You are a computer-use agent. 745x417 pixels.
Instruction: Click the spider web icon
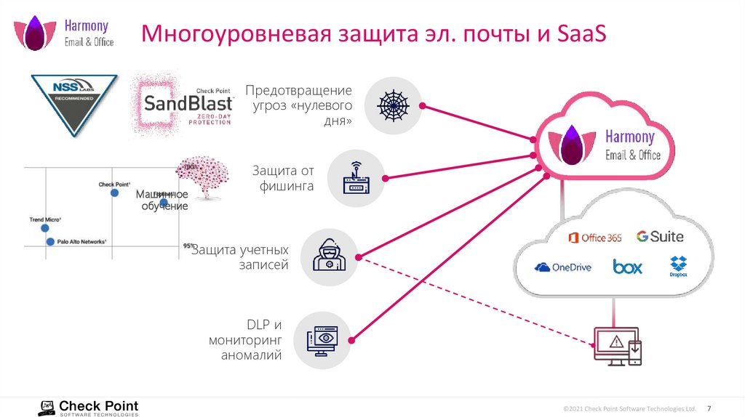click(x=393, y=105)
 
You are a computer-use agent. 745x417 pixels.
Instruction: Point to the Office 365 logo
click(x=594, y=238)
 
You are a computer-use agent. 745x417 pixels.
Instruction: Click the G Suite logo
click(x=660, y=236)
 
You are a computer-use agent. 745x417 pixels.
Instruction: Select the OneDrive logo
click(x=562, y=267)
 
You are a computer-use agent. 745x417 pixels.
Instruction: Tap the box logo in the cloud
click(x=627, y=267)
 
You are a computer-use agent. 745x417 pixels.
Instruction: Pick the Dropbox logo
click(x=679, y=266)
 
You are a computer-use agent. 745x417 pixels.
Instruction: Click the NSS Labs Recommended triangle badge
click(x=74, y=101)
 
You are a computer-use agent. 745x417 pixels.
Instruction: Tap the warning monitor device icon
click(x=617, y=344)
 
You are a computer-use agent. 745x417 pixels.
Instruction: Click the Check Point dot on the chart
click(x=114, y=193)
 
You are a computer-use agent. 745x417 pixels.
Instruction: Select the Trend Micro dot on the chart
click(x=43, y=227)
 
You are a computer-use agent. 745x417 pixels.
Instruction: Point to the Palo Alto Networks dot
click(x=50, y=241)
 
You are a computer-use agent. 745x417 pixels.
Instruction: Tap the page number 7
click(x=709, y=407)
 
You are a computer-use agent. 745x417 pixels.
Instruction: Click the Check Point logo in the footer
click(x=88, y=408)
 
